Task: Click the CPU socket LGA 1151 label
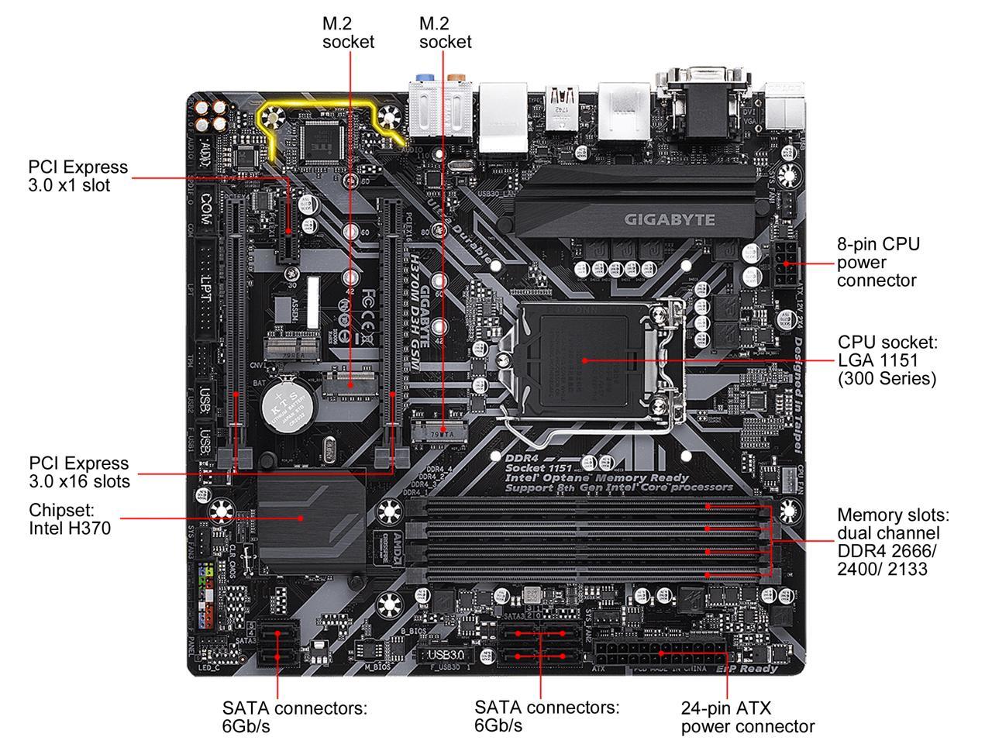pyautogui.click(x=887, y=360)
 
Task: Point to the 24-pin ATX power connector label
pyautogui.click(x=747, y=717)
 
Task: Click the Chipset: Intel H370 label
pyautogui.click(x=70, y=519)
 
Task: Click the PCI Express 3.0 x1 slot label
pyautogui.click(x=77, y=176)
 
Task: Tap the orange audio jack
pyautogui.click(x=456, y=78)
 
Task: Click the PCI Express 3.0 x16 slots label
pyautogui.click(x=79, y=472)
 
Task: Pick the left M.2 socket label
pyautogui.click(x=348, y=33)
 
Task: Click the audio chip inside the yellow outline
pyautogui.click(x=319, y=141)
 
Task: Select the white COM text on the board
pyautogui.click(x=206, y=208)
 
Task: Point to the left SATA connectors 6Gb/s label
pyautogui.click(x=294, y=716)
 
